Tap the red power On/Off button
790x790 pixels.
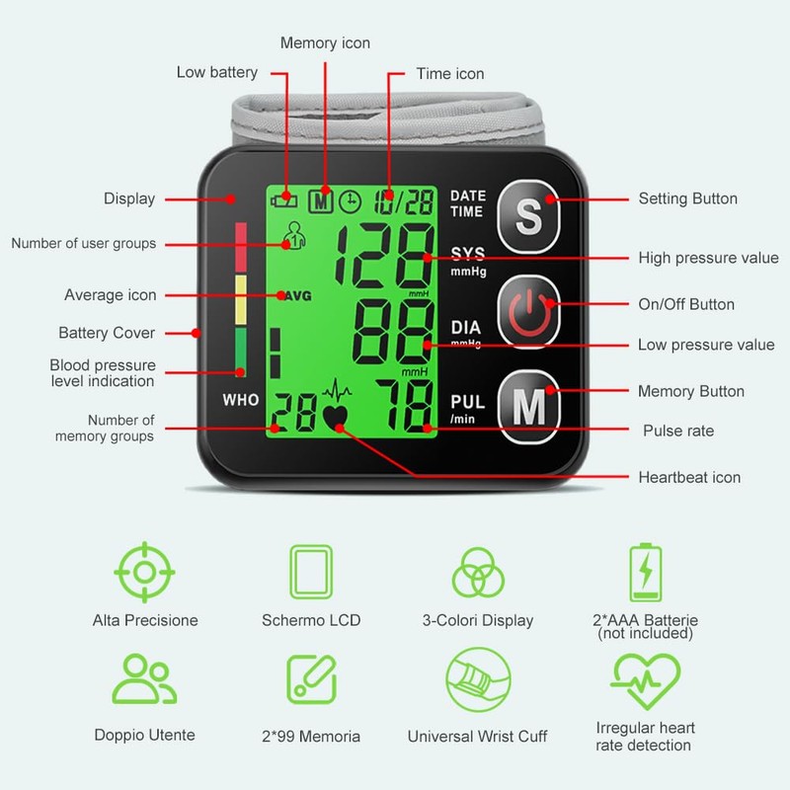coord(530,305)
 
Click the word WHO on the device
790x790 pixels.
coord(241,401)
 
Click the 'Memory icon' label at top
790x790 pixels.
coord(326,43)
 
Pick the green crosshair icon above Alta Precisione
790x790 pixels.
coord(144,571)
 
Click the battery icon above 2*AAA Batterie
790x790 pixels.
coord(646,572)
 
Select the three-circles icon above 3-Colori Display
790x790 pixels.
coord(479,572)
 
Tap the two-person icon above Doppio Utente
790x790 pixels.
coord(144,679)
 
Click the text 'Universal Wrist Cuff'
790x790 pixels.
coord(478,737)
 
